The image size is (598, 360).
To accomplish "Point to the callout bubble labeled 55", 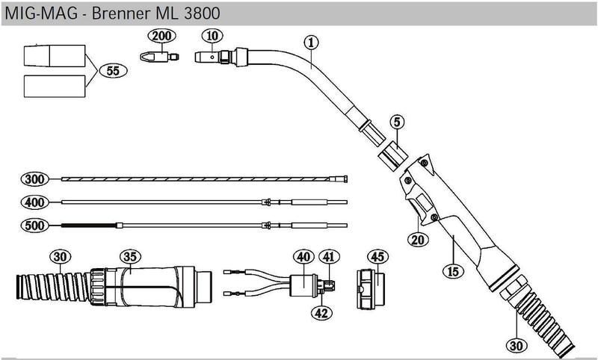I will (x=113, y=72).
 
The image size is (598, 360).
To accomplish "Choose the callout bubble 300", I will (x=34, y=179).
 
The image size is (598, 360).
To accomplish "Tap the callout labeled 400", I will (x=34, y=202).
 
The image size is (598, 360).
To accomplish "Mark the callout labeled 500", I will (x=34, y=225).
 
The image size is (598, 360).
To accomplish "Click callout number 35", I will (x=130, y=258).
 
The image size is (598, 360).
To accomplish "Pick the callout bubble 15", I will (x=451, y=272).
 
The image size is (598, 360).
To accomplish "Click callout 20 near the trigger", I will (x=416, y=240).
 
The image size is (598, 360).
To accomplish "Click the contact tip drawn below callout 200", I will (x=158, y=56).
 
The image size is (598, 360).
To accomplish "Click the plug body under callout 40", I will (x=302, y=285).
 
